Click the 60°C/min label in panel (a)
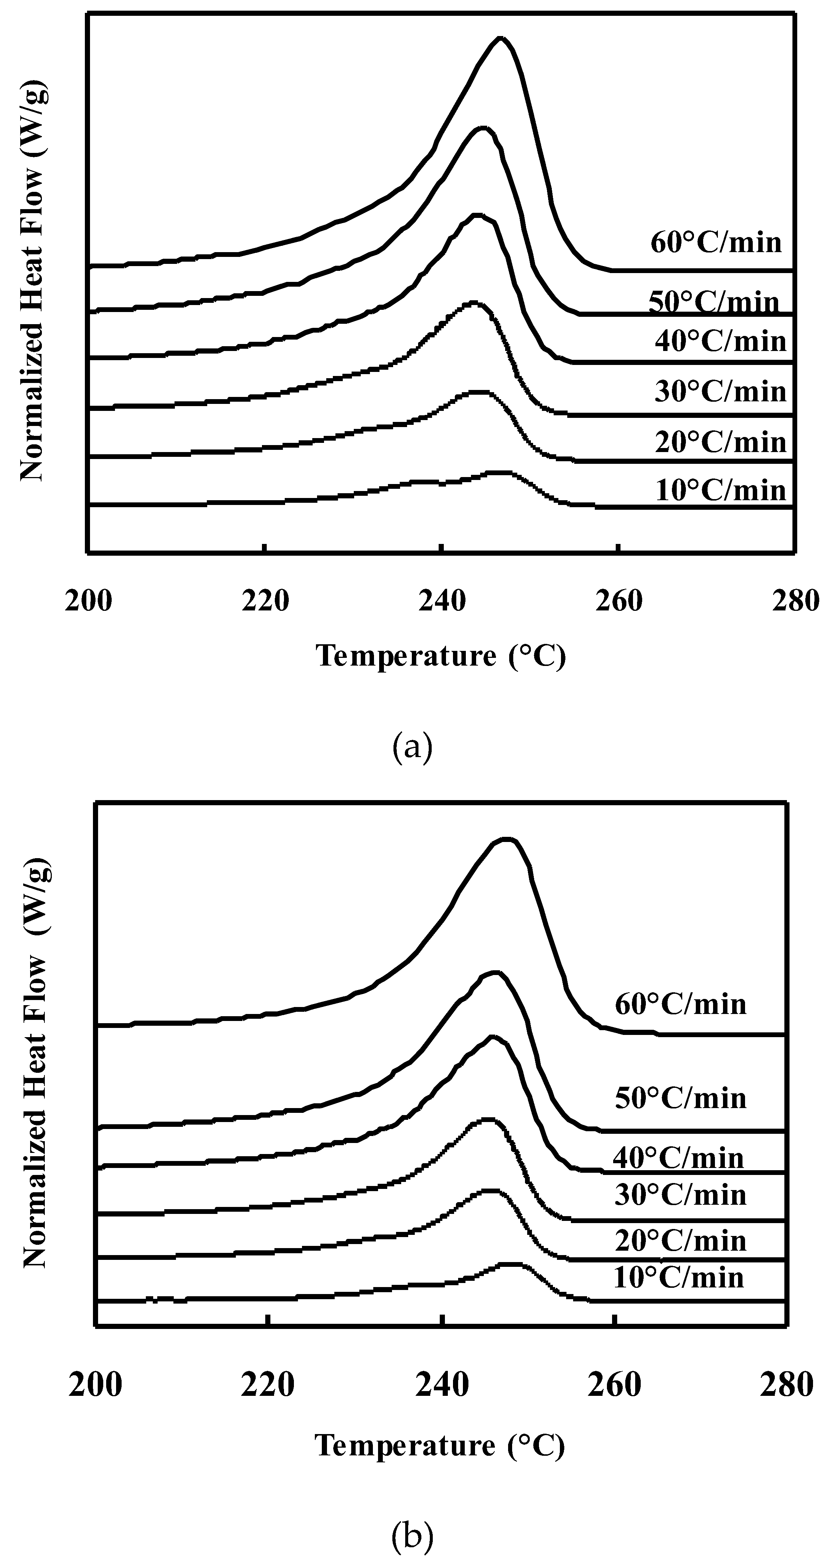716,243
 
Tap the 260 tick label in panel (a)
619,601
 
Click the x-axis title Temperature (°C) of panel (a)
440,656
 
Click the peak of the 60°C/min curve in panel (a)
500,38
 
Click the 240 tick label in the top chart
442,601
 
